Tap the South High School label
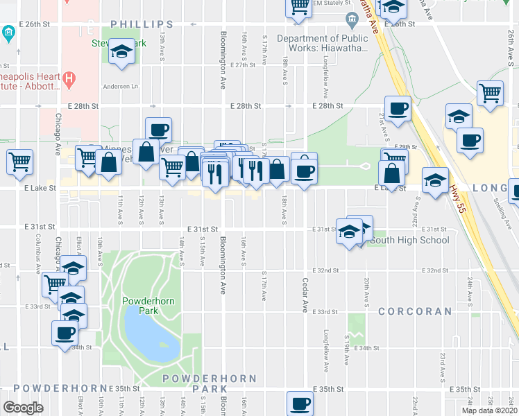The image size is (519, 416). tap(409, 241)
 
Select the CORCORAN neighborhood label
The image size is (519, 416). tap(416, 312)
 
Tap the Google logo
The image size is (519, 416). tap(23, 408)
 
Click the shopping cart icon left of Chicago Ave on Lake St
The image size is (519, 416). tap(19, 162)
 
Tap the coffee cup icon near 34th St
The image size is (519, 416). tap(65, 332)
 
